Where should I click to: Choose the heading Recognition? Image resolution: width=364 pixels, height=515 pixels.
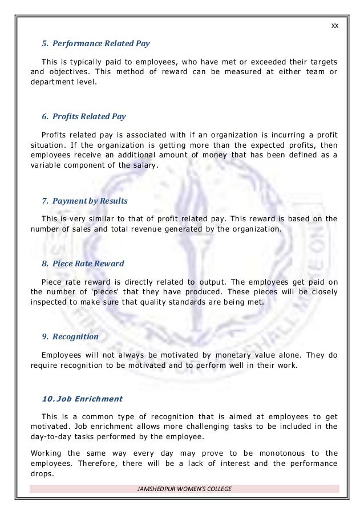coord(70,337)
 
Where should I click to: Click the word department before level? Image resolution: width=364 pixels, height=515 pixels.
coord(54,82)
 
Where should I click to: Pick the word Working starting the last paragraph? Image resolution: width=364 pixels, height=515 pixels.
coord(46,453)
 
